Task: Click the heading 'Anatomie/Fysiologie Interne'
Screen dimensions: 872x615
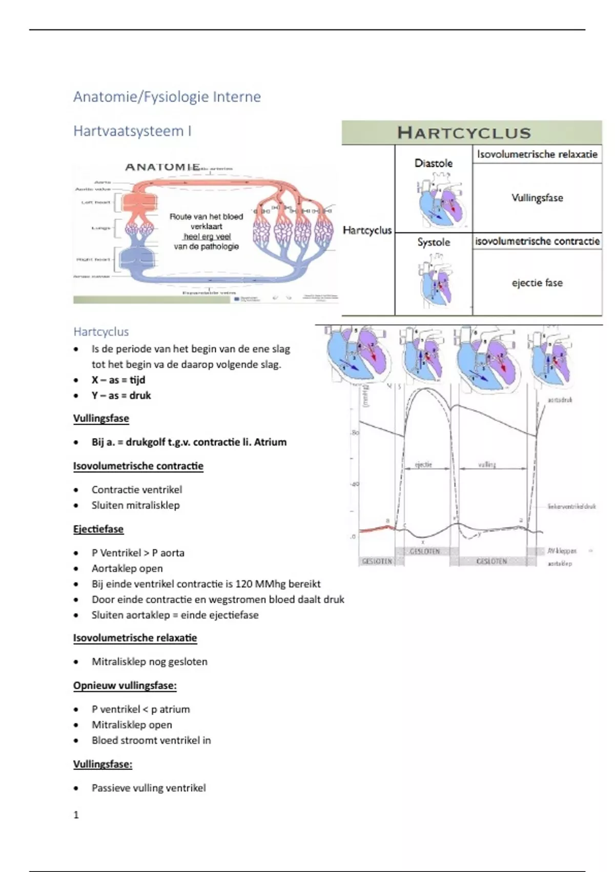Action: pyautogui.click(x=167, y=97)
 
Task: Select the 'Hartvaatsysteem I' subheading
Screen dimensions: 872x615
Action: pyautogui.click(x=132, y=131)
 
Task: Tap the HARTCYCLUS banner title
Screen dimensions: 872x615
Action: pyautogui.click(x=464, y=133)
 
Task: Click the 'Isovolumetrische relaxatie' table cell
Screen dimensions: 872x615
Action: pyautogui.click(x=537, y=154)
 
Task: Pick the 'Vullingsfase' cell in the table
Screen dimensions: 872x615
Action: pyautogui.click(x=537, y=198)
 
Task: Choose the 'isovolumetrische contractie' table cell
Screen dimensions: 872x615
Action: pyautogui.click(x=537, y=241)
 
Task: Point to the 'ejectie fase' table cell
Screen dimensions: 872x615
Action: pyautogui.click(x=537, y=283)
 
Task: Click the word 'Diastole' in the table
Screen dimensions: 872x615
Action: pyautogui.click(x=433, y=164)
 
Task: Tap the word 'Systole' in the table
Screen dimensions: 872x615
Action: pyautogui.click(x=433, y=242)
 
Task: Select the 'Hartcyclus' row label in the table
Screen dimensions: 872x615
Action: pyautogui.click(x=367, y=230)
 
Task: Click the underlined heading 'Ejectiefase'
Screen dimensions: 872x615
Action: pyautogui.click(x=98, y=529)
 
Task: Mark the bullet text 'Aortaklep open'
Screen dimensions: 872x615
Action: pyautogui.click(x=127, y=568)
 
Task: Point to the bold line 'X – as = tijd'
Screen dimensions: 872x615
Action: pyautogui.click(x=118, y=380)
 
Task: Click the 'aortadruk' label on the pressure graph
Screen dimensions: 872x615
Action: pyautogui.click(x=560, y=400)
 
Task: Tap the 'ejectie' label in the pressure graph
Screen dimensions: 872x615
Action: pyautogui.click(x=423, y=465)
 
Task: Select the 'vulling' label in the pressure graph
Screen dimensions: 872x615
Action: pyautogui.click(x=487, y=465)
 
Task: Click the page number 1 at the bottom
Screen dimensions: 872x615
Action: pyautogui.click(x=76, y=815)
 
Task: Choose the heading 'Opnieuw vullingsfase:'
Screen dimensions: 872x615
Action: pyautogui.click(x=125, y=686)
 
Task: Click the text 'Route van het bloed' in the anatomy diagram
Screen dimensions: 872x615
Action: pyautogui.click(x=206, y=216)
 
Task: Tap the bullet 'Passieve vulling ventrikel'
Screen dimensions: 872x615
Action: pyautogui.click(x=149, y=788)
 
